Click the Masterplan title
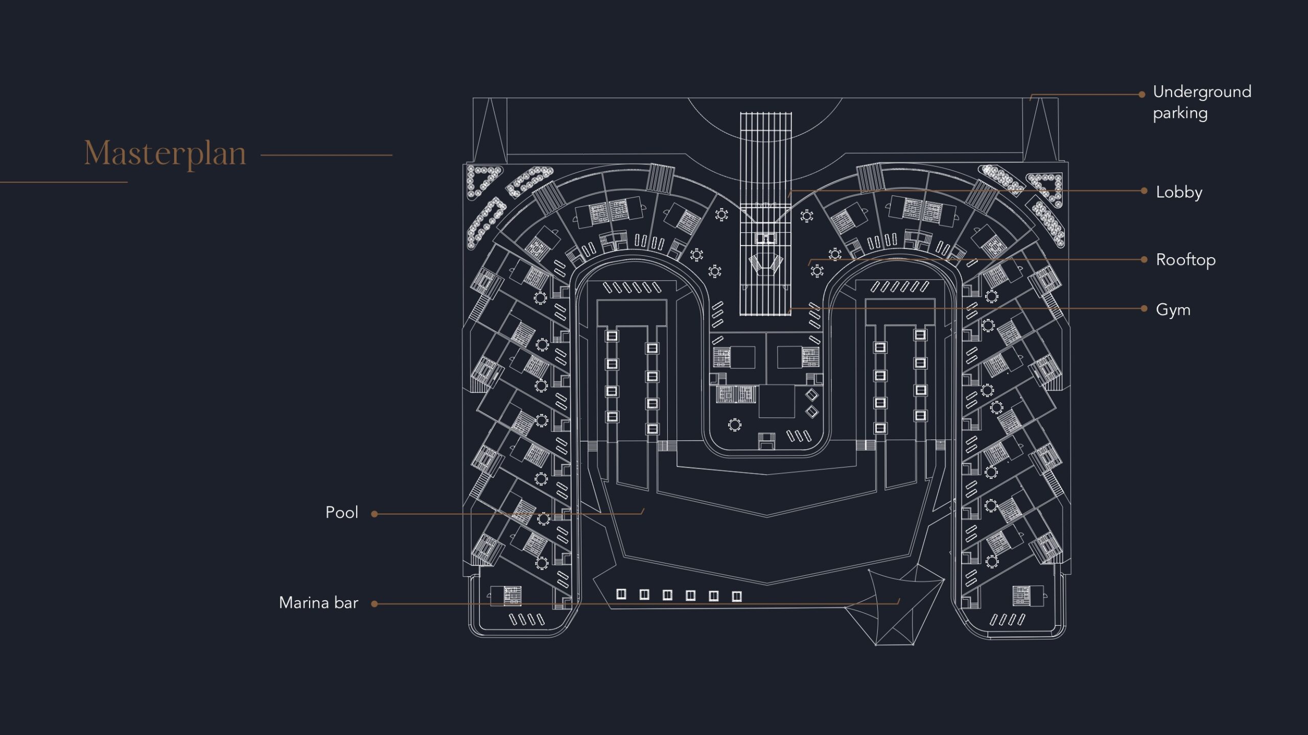pos(165,153)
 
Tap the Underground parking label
pos(1201,102)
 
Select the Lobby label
pos(1179,192)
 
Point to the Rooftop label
pos(1185,260)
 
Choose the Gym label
pos(1173,309)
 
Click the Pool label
pos(341,512)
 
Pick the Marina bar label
pos(318,603)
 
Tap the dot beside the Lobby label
pos(1144,191)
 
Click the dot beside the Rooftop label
pos(1144,259)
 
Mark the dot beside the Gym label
pos(1144,308)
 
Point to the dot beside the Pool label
pos(375,514)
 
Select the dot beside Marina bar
pos(375,604)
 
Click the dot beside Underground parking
pos(1142,94)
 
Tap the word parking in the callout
pos(1180,113)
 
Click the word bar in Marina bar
pos(346,603)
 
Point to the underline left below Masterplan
pos(63,182)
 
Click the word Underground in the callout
pos(1202,92)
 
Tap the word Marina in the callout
pos(303,603)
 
